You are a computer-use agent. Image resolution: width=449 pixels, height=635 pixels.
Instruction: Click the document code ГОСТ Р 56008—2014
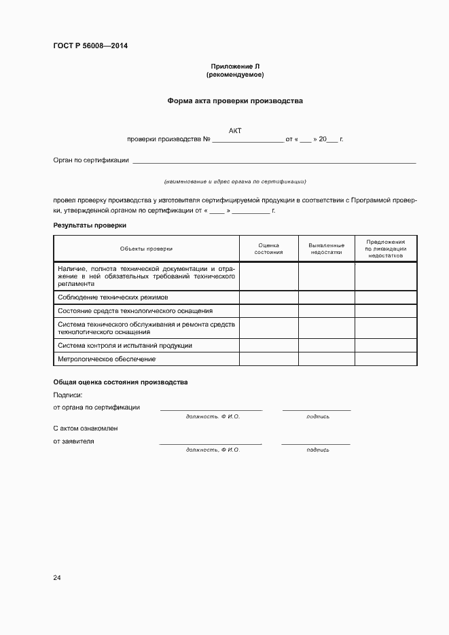click(x=90, y=46)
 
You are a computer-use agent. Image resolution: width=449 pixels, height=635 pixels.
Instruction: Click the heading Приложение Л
click(x=235, y=66)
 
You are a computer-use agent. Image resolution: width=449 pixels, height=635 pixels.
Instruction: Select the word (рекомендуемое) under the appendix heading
click(x=235, y=74)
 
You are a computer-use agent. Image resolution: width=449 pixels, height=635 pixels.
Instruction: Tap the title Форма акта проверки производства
click(x=235, y=101)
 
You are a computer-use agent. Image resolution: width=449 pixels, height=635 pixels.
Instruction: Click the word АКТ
click(x=235, y=130)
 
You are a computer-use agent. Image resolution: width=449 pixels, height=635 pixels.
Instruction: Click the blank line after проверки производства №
click(x=248, y=140)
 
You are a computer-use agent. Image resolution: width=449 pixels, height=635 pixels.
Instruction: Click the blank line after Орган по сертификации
click(x=274, y=162)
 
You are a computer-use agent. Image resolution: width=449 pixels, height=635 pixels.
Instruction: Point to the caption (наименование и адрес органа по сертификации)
click(x=235, y=181)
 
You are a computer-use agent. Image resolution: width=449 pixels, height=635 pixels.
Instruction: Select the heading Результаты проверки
click(x=90, y=225)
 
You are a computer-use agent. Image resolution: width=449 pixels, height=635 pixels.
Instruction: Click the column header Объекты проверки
click(x=146, y=249)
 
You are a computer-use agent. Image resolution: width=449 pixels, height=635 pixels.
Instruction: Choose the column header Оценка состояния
click(x=269, y=249)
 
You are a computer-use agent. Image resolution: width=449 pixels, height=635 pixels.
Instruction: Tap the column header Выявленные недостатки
click(x=326, y=249)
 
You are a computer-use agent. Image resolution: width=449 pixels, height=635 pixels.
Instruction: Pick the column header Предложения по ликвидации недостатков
click(x=386, y=249)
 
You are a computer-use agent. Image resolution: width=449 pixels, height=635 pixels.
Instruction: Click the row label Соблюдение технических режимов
click(x=113, y=297)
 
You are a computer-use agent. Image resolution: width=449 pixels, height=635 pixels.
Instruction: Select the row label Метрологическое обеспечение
click(x=107, y=359)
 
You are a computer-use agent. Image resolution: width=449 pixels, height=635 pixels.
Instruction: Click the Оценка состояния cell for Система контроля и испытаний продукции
click(x=269, y=346)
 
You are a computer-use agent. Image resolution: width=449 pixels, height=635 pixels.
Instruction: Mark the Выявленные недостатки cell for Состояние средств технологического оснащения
click(x=326, y=310)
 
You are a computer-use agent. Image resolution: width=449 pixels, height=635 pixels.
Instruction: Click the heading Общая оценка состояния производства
click(x=120, y=382)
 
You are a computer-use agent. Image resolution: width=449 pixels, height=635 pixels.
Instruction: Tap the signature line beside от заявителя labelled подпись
click(x=316, y=443)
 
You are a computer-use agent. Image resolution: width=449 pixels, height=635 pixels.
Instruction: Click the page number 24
click(x=57, y=577)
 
